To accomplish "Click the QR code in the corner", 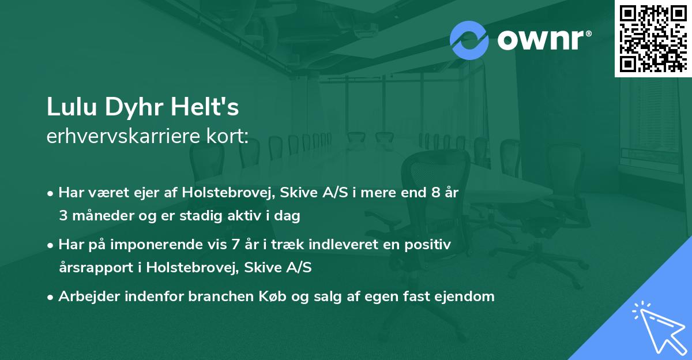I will pyautogui.click(x=653, y=39).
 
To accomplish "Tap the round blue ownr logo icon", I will pyautogui.click(x=469, y=40).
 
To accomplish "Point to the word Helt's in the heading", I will pyautogui.click(x=206, y=108).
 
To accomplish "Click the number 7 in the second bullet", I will pyautogui.click(x=235, y=245).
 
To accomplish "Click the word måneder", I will pyautogui.click(x=99, y=216).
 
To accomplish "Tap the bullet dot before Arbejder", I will pyautogui.click(x=51, y=297).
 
